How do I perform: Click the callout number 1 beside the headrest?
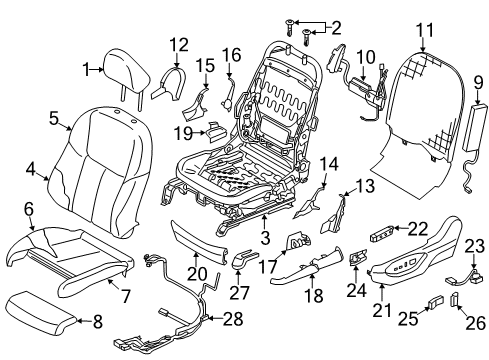click(86, 68)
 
